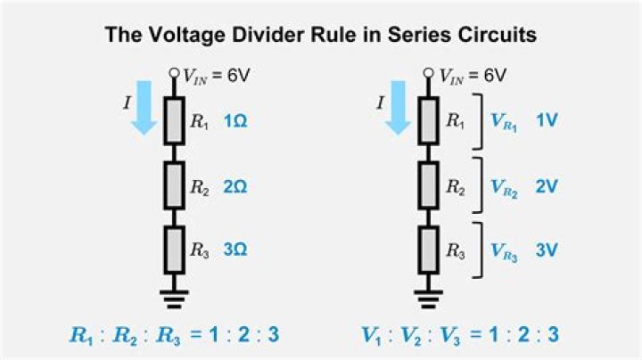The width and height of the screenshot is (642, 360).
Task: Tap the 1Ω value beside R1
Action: coord(235,121)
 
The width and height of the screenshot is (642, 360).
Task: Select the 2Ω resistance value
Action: coord(235,187)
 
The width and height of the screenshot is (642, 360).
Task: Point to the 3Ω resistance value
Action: coord(235,250)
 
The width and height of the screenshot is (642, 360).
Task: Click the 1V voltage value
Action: coord(547,120)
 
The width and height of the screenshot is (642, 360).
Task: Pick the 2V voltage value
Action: coord(547,186)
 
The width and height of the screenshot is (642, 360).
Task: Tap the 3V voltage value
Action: coord(547,250)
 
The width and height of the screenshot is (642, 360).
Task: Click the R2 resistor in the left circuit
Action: coord(174,185)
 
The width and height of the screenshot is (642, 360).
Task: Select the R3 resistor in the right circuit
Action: coord(428,250)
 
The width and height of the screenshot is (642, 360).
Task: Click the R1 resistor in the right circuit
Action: coord(428,121)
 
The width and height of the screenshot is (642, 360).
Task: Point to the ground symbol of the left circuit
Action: coord(174,299)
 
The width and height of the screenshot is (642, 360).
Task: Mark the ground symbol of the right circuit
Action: coord(428,299)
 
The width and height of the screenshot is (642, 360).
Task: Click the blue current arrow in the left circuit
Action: coord(144,108)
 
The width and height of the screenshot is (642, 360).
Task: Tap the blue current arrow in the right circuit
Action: coord(398,108)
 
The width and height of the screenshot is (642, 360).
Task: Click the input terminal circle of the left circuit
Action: coord(174,73)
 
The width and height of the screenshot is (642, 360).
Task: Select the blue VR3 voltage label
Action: coord(504,251)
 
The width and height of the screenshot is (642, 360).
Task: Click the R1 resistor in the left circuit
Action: coord(174,121)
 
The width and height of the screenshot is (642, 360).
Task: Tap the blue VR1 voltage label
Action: coord(504,122)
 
